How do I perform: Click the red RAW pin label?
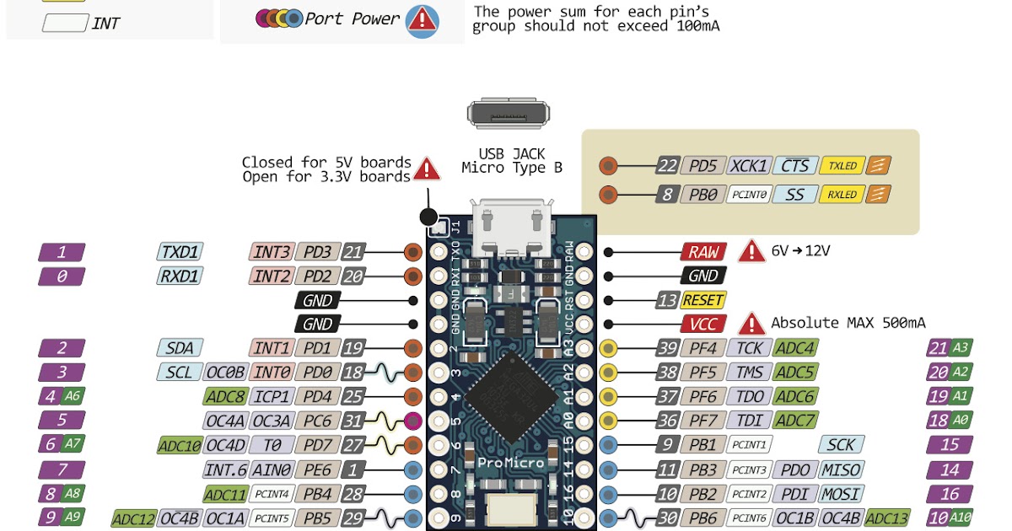pyautogui.click(x=703, y=251)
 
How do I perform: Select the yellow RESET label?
pyautogui.click(x=703, y=300)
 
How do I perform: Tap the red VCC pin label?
pyautogui.click(x=703, y=324)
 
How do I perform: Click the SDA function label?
pyautogui.click(x=180, y=348)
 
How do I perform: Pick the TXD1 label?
pyautogui.click(x=180, y=251)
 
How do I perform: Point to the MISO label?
pyautogui.click(x=842, y=469)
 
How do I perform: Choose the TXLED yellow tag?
pyautogui.click(x=842, y=166)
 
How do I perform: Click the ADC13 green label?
pyautogui.click(x=888, y=518)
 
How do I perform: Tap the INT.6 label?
pyautogui.click(x=225, y=469)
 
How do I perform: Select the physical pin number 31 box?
pyautogui.click(x=355, y=421)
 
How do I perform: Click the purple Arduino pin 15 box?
pyautogui.click(x=950, y=445)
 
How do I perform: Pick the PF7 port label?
pyautogui.click(x=703, y=421)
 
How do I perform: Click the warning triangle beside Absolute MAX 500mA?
pyautogui.click(x=751, y=324)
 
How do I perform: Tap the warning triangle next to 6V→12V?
pyautogui.click(x=751, y=251)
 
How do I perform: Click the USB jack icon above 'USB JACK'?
pyautogui.click(x=509, y=114)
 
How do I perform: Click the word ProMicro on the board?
pyautogui.click(x=509, y=463)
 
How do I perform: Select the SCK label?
pyautogui.click(x=842, y=445)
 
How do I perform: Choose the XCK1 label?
pyautogui.click(x=749, y=166)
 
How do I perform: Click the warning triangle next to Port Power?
pyautogui.click(x=422, y=20)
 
